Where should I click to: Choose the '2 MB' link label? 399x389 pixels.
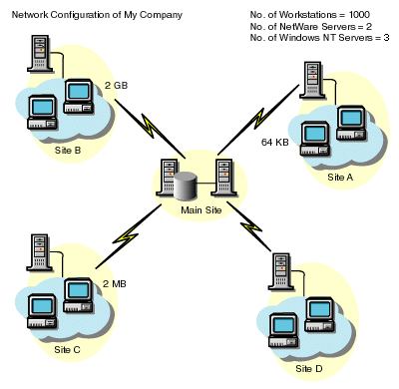(x=113, y=284)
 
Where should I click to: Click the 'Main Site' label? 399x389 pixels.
(x=200, y=209)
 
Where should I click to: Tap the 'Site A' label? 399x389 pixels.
(x=341, y=176)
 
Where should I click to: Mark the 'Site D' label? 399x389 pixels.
(x=309, y=368)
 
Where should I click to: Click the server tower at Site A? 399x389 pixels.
(x=313, y=80)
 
